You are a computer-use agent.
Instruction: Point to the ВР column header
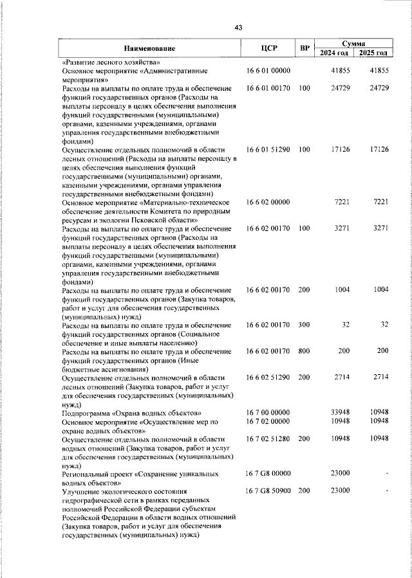coord(304,48)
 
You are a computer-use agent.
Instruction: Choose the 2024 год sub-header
coord(334,53)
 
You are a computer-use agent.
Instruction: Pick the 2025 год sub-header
coord(373,53)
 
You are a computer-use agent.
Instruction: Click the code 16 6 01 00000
coord(269,70)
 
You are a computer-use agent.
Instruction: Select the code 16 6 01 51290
coord(269,150)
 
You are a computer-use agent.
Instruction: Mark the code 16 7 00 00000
coord(269,412)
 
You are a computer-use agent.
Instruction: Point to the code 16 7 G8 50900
coord(269,491)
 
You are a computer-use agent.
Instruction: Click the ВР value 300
coord(304,325)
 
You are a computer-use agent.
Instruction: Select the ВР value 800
coord(304,351)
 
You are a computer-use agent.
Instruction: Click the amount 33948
coord(339,412)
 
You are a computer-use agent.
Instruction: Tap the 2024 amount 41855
coord(339,70)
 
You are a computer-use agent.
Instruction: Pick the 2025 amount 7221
coord(380,203)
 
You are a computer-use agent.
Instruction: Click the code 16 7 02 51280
coord(269,438)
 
